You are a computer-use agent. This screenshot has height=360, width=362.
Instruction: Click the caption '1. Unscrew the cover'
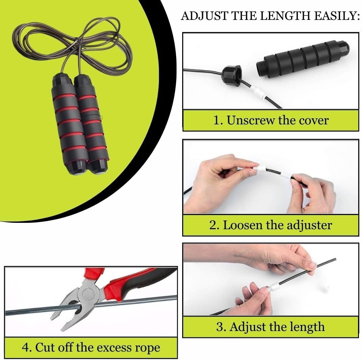(271, 120)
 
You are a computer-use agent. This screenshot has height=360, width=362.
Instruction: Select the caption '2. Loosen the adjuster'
(271, 225)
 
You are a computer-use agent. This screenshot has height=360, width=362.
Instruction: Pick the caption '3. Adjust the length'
(271, 327)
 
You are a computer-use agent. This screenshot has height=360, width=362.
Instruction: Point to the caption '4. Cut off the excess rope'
(91, 347)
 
